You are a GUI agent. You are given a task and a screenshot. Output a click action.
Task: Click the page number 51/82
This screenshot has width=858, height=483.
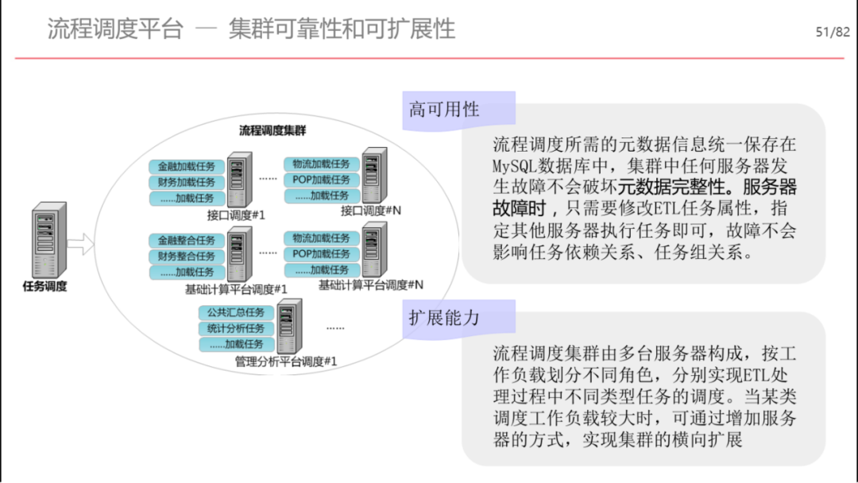tap(833, 33)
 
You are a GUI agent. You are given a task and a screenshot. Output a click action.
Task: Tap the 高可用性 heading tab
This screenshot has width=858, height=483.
tap(458, 110)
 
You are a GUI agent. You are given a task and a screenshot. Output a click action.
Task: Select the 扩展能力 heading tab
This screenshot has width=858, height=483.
tap(458, 319)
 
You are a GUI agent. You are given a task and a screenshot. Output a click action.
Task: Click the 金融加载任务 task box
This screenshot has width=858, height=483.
tap(186, 166)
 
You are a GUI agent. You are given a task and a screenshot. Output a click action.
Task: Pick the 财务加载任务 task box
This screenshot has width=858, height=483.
tap(186, 182)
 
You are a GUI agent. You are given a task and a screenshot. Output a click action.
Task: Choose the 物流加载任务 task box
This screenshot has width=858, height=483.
tap(321, 164)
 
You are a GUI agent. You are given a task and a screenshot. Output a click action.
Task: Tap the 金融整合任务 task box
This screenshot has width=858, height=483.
tap(186, 240)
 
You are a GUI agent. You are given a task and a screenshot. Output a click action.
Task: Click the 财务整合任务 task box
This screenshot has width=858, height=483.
tap(186, 256)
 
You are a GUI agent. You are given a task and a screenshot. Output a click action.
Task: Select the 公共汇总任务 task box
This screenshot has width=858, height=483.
tap(236, 312)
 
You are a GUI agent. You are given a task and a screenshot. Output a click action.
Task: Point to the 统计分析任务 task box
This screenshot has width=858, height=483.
tap(236, 328)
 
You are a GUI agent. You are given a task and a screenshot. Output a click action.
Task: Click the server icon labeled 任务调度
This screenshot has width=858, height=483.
tap(49, 240)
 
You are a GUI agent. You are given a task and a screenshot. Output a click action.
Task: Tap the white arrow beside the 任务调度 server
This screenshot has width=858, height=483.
tap(80, 244)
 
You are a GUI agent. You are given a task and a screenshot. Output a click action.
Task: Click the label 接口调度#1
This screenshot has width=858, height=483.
tap(236, 215)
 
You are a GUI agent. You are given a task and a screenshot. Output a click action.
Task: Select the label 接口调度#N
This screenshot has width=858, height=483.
tap(371, 211)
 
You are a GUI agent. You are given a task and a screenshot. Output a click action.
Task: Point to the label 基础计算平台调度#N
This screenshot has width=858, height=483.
tap(371, 285)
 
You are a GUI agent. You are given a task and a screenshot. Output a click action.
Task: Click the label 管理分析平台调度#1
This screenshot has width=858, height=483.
tap(286, 361)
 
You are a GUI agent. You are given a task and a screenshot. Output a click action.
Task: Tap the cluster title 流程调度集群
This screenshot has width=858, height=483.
tap(272, 131)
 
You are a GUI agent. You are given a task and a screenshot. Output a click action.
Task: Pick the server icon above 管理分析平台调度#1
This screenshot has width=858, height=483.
tap(289, 326)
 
